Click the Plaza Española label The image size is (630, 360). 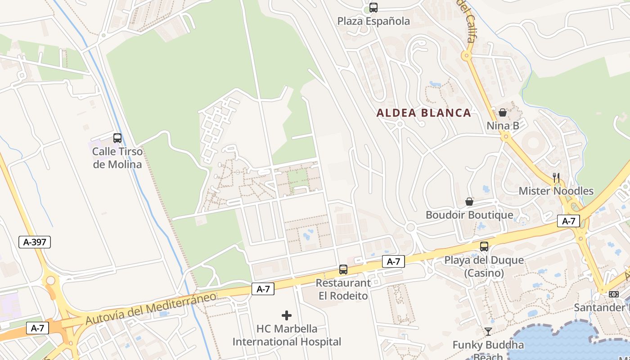pos(373,21)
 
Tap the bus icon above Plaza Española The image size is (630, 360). pos(373,7)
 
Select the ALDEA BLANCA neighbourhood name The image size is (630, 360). pos(423,113)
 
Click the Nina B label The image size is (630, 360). pos(503,126)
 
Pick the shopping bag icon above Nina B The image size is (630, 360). pos(503,112)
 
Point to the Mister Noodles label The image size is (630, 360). pos(556,191)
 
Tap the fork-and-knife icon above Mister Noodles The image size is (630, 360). pos(556,177)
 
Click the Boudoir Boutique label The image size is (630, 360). pos(469,215)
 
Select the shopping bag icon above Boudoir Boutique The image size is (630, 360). pos(469,202)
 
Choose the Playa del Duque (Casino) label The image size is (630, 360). pos(484,266)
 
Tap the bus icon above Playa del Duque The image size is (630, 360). pos(484,247)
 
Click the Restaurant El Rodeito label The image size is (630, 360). pos(343,289)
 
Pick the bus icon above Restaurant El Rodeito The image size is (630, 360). pos(343,270)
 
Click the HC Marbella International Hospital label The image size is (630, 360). pos(287,335)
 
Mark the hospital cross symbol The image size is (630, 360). pos(287,315)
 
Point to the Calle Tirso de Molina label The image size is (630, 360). pos(117,158)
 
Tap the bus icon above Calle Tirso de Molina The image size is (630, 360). pos(117,138)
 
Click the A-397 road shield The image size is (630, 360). pos(35,242)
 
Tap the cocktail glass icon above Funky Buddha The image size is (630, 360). pos(488,332)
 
